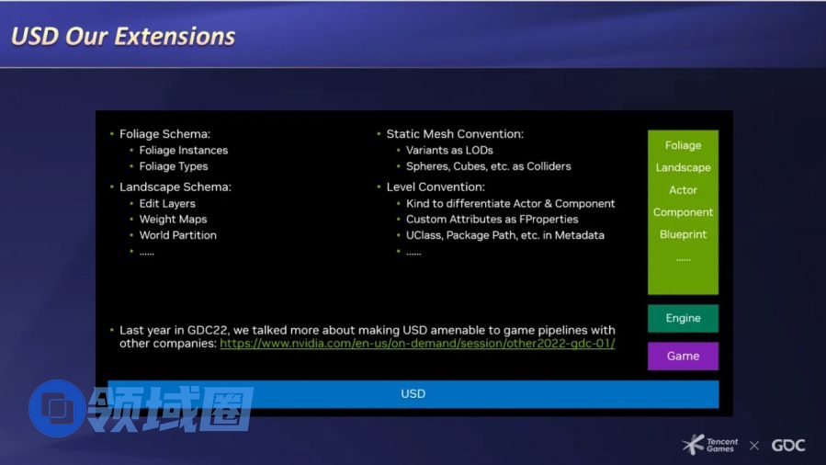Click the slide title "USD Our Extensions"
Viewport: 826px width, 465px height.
click(123, 37)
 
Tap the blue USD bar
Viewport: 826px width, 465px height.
click(413, 394)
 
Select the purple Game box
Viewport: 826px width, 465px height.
click(683, 356)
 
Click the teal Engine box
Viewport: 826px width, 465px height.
click(683, 318)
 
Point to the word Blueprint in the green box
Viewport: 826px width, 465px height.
click(683, 234)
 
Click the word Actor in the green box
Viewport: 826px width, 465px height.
click(683, 190)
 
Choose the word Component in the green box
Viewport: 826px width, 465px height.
click(683, 212)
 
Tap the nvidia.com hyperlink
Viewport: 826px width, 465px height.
click(417, 344)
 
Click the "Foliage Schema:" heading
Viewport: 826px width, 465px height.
click(164, 134)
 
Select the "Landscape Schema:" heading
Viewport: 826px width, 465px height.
click(175, 187)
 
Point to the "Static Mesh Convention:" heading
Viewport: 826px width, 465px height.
click(455, 134)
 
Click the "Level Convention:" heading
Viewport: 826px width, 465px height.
click(436, 187)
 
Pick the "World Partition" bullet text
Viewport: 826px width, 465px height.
click(178, 235)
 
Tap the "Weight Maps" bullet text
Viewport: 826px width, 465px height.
click(174, 219)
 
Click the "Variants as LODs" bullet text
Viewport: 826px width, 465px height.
click(449, 151)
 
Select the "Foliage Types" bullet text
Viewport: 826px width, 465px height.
click(174, 166)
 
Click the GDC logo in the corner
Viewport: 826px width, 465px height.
click(788, 446)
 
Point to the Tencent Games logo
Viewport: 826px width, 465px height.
click(709, 445)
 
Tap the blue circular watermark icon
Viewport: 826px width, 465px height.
click(56, 408)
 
